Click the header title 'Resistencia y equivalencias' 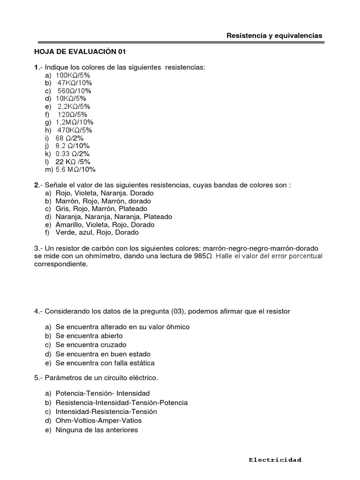(274, 36)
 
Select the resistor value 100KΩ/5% (73, 75)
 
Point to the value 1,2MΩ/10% (75, 122)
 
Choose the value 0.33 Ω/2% (72, 154)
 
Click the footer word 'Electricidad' (275, 460)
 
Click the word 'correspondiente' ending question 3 (60, 264)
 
